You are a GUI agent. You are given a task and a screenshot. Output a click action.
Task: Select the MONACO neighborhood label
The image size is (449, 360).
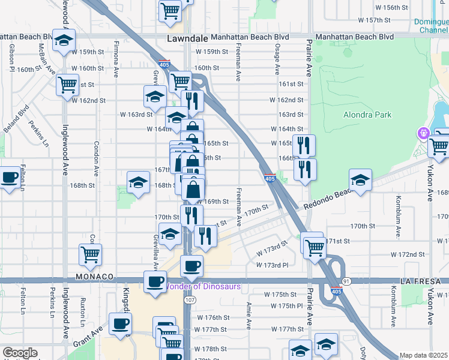coord(95,277)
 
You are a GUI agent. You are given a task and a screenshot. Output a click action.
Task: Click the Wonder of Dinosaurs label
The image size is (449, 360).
coord(203,286)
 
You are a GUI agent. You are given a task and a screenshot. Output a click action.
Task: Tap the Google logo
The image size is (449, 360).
coord(20,353)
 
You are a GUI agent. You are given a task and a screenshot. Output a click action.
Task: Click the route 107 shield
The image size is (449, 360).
coord(190,299)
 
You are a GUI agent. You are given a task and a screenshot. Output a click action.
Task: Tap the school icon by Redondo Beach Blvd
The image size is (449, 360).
coord(360,181)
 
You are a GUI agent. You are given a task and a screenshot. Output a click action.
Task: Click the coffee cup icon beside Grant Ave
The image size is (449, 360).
coord(120,325)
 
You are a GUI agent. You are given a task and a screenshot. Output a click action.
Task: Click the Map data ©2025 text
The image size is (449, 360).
coord(423,355)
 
